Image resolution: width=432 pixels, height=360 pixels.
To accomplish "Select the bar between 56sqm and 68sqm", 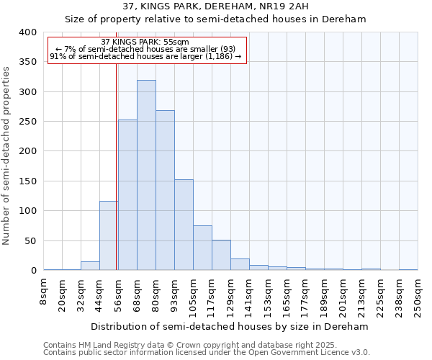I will (127, 195).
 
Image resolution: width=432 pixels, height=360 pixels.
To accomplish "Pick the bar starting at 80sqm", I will (165, 190).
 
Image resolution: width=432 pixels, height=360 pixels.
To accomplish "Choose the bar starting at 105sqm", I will (202, 248).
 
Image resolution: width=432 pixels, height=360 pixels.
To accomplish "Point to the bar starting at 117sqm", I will (221, 255).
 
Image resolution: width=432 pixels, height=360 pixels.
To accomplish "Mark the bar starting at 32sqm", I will (90, 266).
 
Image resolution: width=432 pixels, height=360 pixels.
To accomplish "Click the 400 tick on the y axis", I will (27, 32).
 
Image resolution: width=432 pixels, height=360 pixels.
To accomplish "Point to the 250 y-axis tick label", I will (27, 122).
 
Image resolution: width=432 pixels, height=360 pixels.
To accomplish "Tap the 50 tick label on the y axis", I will (30, 240).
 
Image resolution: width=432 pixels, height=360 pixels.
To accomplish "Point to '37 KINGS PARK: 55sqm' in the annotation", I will (145, 42).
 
